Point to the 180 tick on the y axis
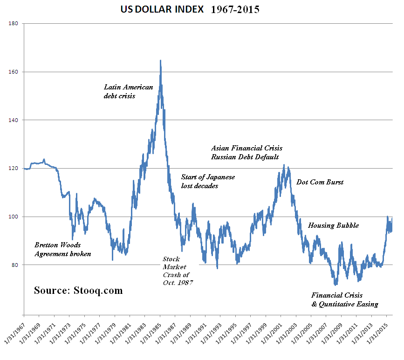pyautogui.click(x=14, y=23)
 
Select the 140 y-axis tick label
pyautogui.click(x=14, y=120)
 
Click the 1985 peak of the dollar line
pyautogui.click(x=160, y=61)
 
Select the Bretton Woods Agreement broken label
pyautogui.click(x=62, y=249)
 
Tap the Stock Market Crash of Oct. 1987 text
pyautogui.click(x=178, y=271)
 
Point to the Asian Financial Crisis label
pyautogui.click(x=247, y=148)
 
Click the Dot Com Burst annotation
pyautogui.click(x=320, y=182)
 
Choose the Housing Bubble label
pyautogui.click(x=333, y=225)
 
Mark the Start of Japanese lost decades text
pyautogui.click(x=208, y=182)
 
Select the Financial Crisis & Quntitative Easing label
pyautogui.click(x=344, y=300)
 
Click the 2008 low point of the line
pyautogui.click(x=335, y=285)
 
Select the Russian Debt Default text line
pyautogui.click(x=245, y=157)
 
